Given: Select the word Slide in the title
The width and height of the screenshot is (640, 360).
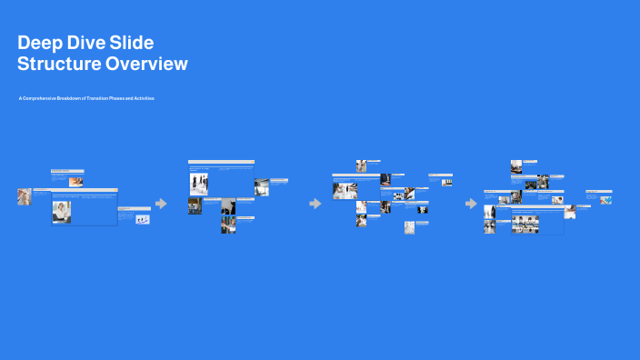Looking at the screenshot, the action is tap(132, 43).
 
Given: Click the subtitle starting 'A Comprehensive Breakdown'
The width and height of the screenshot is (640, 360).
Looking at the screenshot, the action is tap(86, 97).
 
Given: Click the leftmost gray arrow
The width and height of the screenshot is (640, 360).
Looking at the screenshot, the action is tap(161, 204).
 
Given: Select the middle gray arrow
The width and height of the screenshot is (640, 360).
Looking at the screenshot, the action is tap(315, 204).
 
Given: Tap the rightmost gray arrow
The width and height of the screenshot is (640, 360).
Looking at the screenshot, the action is tap(470, 204).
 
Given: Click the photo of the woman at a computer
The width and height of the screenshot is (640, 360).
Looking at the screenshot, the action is tap(61, 211).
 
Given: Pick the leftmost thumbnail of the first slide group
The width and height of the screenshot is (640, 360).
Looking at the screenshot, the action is tap(25, 195).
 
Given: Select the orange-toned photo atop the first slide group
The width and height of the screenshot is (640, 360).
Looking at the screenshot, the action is tap(76, 182).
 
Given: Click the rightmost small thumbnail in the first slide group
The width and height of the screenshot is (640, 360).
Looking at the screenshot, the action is tap(143, 219).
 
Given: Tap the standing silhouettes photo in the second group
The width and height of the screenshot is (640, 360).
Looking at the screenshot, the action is tap(199, 183).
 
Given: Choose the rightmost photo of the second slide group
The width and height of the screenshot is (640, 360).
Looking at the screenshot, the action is tap(261, 187).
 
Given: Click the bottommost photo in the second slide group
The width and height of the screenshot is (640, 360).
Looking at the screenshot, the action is tap(228, 225).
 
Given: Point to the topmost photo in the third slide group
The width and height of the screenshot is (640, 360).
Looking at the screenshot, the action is tap(362, 165).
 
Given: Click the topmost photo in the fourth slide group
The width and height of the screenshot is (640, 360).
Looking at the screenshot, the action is tap(516, 165).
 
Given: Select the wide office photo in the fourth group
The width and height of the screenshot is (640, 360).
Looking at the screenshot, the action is tap(525, 224).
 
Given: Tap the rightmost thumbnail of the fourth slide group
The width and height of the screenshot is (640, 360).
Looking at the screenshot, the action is tap(605, 200).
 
